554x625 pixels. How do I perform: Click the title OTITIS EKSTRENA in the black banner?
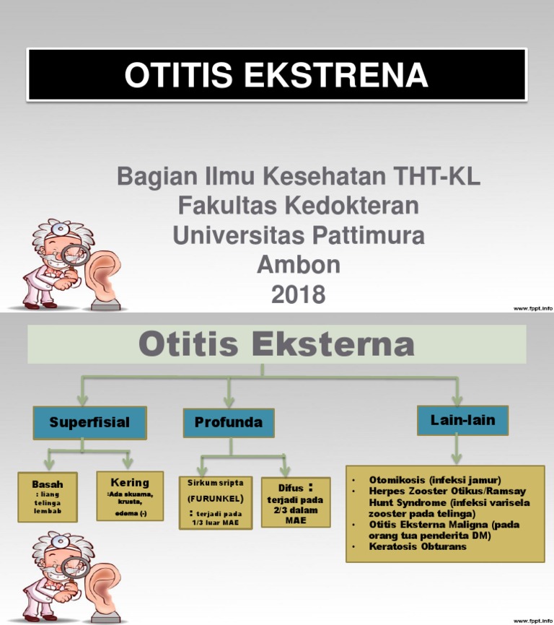coord(276,76)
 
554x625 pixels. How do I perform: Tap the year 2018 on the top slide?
coord(298,294)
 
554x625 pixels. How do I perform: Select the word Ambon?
coord(298,265)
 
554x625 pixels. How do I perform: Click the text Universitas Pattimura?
coord(298,235)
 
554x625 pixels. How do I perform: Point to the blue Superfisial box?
coord(89,423)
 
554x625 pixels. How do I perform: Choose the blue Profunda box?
coord(229,423)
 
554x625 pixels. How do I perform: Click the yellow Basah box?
coord(48,497)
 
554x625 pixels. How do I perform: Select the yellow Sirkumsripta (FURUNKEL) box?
coord(215,501)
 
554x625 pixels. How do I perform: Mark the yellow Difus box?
coord(296,502)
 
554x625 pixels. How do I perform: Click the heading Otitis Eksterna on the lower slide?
coord(276,345)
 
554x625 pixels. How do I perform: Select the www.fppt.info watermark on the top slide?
coord(532,308)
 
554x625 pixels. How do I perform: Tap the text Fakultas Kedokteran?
coord(298,206)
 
